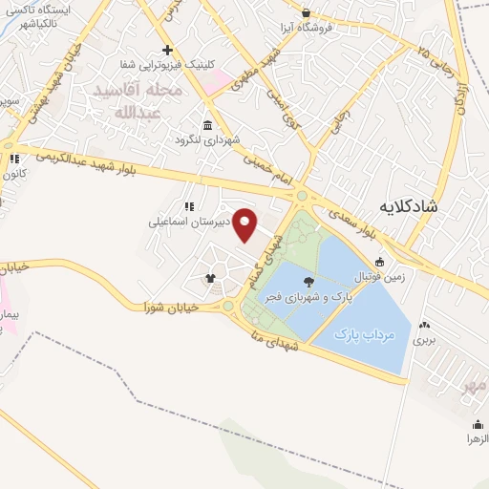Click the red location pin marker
click(x=245, y=225)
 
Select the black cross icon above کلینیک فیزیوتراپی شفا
click(x=168, y=50)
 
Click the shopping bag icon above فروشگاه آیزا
click(x=305, y=13)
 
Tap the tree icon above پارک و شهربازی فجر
click(x=308, y=281)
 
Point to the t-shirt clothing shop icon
click(x=211, y=279)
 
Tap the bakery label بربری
click(x=423, y=339)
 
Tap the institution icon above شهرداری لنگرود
click(x=208, y=125)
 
